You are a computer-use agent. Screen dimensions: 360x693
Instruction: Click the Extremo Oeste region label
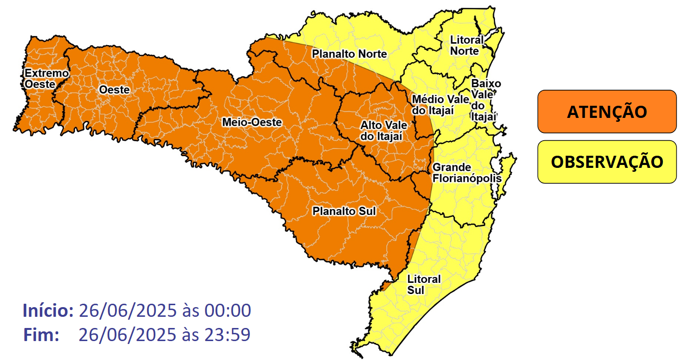pos(47,78)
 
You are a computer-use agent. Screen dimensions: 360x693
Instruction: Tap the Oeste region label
pos(114,90)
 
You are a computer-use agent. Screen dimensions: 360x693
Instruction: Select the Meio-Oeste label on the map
pos(251,122)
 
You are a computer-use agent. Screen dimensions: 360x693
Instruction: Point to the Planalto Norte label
pos(349,54)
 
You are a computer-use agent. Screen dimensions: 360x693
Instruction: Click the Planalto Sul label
pos(344,211)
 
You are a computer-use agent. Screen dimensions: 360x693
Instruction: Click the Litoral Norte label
pos(467,45)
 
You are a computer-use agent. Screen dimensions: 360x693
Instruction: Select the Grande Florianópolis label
pos(466,173)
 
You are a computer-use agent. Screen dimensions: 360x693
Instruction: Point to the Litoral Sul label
pos(424,285)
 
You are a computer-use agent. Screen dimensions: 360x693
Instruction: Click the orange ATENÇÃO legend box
pos(607,112)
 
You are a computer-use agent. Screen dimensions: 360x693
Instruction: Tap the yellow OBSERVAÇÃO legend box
pos(607,162)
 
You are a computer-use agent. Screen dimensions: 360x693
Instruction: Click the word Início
pos(48,311)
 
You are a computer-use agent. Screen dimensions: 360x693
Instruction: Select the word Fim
pos(41,335)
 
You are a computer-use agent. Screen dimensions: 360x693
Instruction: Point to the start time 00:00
pos(228,311)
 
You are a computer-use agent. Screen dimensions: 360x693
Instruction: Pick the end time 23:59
pos(227,335)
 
